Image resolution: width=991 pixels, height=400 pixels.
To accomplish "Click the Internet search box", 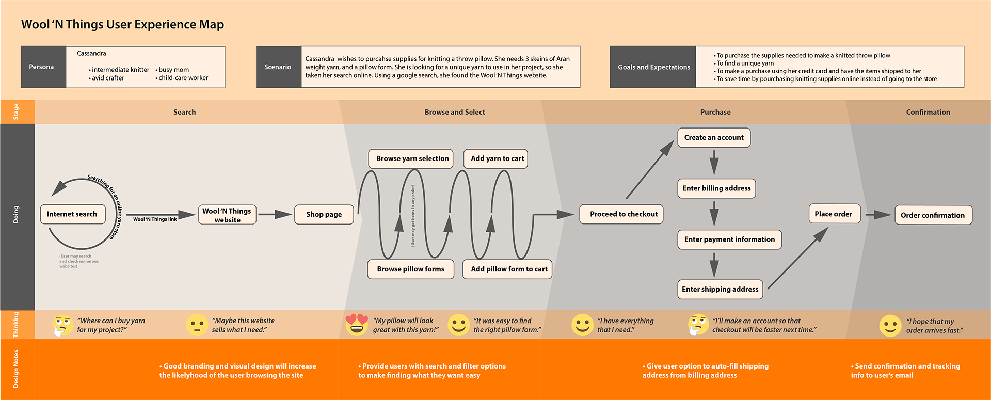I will [x=72, y=214].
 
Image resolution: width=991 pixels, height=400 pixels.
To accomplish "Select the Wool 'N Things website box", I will [x=227, y=215].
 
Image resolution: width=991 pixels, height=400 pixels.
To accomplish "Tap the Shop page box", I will [x=324, y=215].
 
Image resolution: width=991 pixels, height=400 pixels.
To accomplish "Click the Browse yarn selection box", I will [x=411, y=158].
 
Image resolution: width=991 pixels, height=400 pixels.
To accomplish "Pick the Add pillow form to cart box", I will [x=508, y=269].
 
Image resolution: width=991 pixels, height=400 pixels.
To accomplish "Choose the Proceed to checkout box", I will [x=621, y=214].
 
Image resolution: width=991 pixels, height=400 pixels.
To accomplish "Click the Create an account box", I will [x=714, y=138].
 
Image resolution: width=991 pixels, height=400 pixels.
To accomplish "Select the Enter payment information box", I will [x=729, y=239].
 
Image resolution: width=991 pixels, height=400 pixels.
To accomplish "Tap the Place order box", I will [x=834, y=214].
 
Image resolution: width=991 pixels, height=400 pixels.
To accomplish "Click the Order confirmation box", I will [x=932, y=215].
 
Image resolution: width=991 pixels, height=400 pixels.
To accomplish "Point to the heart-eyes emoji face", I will [x=357, y=324].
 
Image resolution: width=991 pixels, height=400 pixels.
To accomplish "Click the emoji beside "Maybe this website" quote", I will [x=197, y=325].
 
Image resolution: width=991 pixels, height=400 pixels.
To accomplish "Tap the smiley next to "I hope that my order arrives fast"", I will [x=890, y=326].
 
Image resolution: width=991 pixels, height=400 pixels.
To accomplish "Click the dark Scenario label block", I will [x=278, y=67].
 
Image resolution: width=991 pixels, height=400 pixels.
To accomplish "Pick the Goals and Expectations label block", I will [x=653, y=67].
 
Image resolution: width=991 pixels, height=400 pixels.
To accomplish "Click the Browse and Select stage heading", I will [x=455, y=112].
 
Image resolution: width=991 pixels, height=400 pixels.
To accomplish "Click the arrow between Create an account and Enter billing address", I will [x=714, y=163].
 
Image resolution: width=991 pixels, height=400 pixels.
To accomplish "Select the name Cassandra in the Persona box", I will [x=91, y=54].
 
